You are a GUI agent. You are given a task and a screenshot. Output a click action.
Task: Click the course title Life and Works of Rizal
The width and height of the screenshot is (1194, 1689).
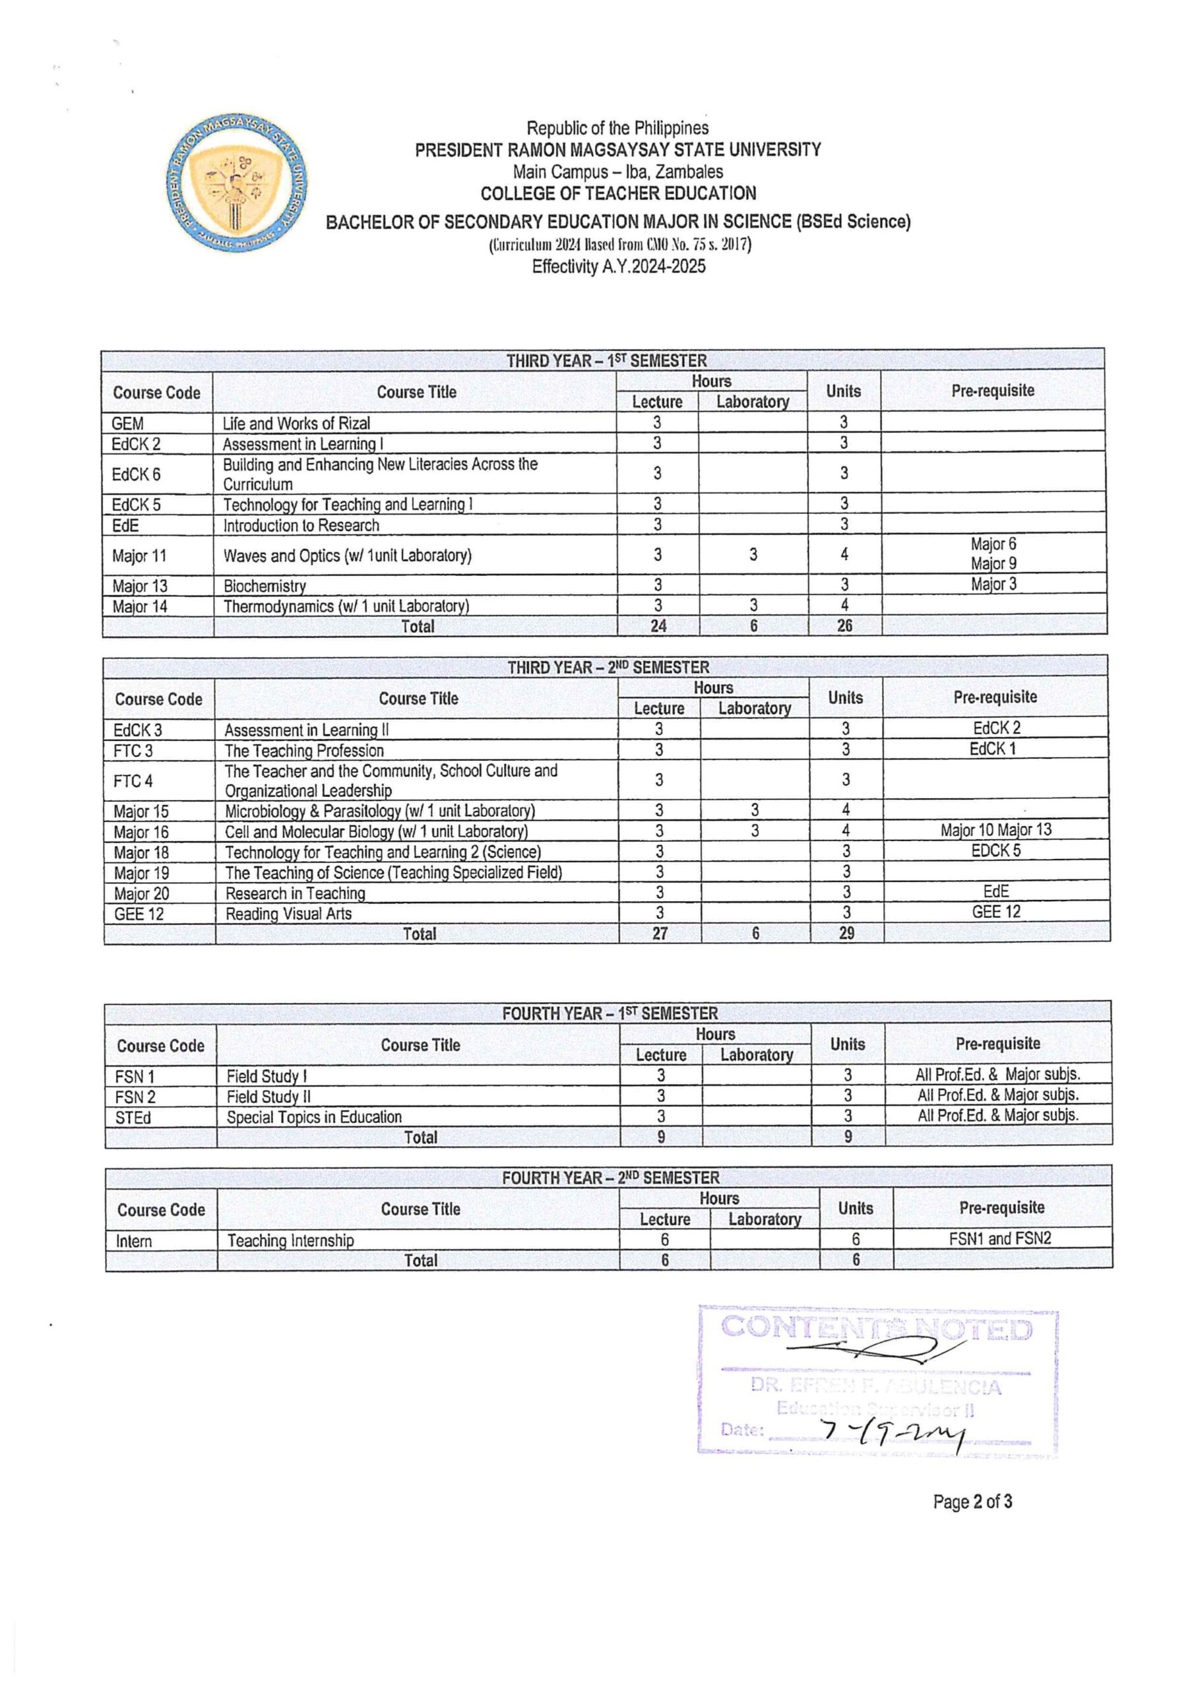[x=296, y=423]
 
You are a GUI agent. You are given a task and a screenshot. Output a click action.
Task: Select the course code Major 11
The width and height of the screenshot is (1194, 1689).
[x=139, y=556]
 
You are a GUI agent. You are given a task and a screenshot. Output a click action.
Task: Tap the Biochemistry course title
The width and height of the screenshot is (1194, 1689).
[x=264, y=587]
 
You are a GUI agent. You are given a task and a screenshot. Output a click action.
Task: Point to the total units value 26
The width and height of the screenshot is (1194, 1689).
[x=844, y=626]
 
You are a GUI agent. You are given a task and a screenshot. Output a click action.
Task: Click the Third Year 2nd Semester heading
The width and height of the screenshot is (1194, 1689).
[x=608, y=667]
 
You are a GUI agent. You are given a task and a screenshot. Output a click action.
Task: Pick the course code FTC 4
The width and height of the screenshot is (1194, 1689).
[x=133, y=781]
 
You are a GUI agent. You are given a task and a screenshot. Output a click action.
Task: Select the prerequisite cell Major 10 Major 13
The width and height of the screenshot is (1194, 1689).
[x=995, y=831]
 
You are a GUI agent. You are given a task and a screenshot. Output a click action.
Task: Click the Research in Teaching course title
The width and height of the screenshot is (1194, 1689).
[x=295, y=893]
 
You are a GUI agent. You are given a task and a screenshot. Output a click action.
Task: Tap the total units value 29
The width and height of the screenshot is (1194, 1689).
[x=846, y=934]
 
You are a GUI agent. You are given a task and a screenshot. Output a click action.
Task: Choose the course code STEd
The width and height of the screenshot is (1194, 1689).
[x=133, y=1118]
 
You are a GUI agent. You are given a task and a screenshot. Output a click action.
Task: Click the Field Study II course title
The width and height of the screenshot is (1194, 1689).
[x=268, y=1097]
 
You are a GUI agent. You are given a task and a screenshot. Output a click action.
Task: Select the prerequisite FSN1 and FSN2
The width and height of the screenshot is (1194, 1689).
[x=1000, y=1238]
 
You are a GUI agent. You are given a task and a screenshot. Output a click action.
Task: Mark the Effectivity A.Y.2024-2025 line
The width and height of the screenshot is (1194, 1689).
[x=618, y=267]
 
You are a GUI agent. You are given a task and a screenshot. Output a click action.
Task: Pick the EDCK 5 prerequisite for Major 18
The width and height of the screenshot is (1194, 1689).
[x=995, y=851]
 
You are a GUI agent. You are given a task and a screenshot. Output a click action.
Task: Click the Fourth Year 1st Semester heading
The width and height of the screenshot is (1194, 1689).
[x=609, y=1013]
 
